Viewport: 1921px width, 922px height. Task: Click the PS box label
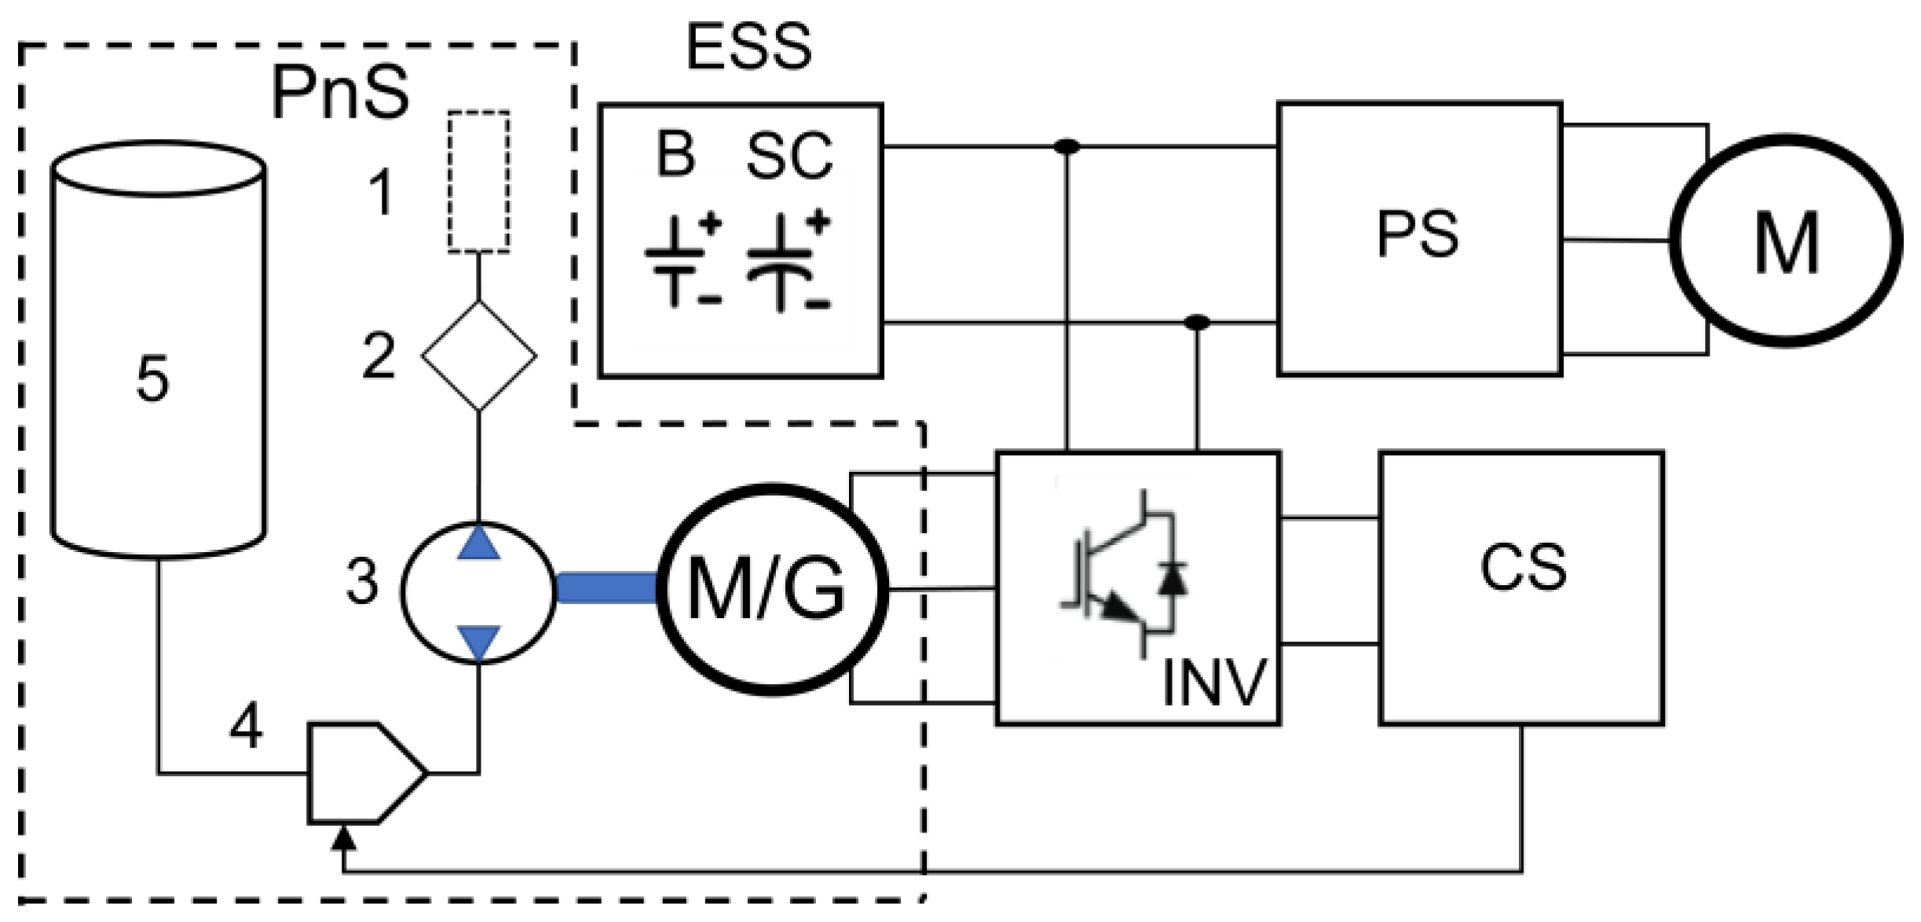click(x=1418, y=234)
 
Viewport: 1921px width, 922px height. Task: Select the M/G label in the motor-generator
click(x=767, y=589)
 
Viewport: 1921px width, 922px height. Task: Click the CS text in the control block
click(x=1523, y=567)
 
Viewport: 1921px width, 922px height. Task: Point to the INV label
click(x=1213, y=682)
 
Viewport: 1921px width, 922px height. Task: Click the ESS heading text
click(x=748, y=47)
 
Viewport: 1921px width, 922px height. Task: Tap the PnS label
click(x=340, y=93)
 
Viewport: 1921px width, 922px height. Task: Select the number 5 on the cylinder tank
click(x=152, y=379)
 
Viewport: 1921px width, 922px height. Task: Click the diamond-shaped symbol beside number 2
click(x=479, y=356)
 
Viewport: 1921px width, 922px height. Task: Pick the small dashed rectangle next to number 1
click(x=478, y=182)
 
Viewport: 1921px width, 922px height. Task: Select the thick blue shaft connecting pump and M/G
click(x=606, y=589)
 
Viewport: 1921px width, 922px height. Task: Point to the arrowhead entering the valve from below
click(x=343, y=839)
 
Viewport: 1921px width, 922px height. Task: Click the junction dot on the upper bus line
click(x=1066, y=147)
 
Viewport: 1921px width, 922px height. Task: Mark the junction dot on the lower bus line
click(x=1196, y=322)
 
